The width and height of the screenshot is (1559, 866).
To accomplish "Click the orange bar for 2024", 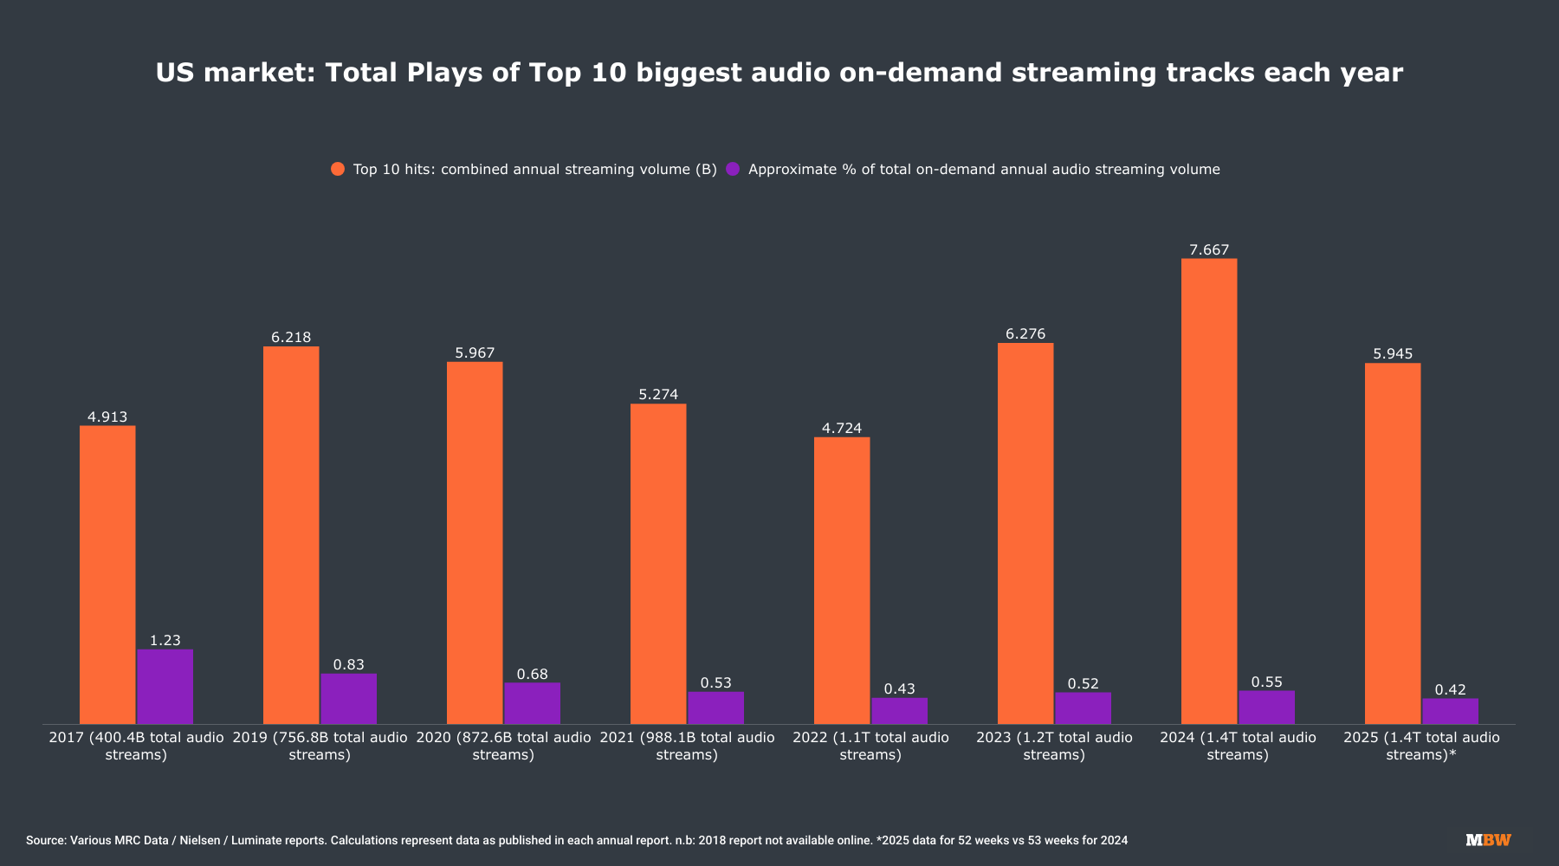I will pyautogui.click(x=1209, y=491).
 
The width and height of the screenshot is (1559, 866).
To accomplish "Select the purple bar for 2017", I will pyautogui.click(x=165, y=687).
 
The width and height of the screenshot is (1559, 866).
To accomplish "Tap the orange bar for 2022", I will pyautogui.click(x=842, y=580).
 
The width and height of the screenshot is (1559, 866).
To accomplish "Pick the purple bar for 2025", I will pyautogui.click(x=1450, y=711).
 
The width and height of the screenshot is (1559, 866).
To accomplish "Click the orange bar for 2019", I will pyautogui.click(x=291, y=535).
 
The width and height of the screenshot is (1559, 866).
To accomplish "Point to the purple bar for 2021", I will pyautogui.click(x=715, y=708).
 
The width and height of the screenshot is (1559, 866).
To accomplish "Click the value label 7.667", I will pyautogui.click(x=1209, y=250).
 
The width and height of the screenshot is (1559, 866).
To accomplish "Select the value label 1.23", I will pyautogui.click(x=165, y=641).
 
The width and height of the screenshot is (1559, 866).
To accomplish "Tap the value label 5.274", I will pyautogui.click(x=658, y=395).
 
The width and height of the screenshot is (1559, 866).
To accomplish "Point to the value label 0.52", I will pyautogui.click(x=1083, y=684).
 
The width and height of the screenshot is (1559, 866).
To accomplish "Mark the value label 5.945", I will pyautogui.click(x=1393, y=354).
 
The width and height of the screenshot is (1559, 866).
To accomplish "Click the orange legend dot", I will pyautogui.click(x=338, y=170).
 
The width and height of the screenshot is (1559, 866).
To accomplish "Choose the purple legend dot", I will pyautogui.click(x=733, y=170).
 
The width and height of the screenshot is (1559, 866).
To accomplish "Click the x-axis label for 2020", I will pyautogui.click(x=503, y=746).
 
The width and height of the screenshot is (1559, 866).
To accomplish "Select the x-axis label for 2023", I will pyautogui.click(x=1054, y=746).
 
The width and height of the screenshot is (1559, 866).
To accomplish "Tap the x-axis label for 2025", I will pyautogui.click(x=1421, y=746).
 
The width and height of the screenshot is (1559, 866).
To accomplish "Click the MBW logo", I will pyautogui.click(x=1488, y=840).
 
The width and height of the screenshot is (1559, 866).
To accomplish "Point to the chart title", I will pyautogui.click(x=779, y=73).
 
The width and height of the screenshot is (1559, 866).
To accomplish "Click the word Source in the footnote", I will pyautogui.click(x=45, y=841).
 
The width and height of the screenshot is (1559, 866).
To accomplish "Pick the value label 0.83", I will pyautogui.click(x=348, y=665).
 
